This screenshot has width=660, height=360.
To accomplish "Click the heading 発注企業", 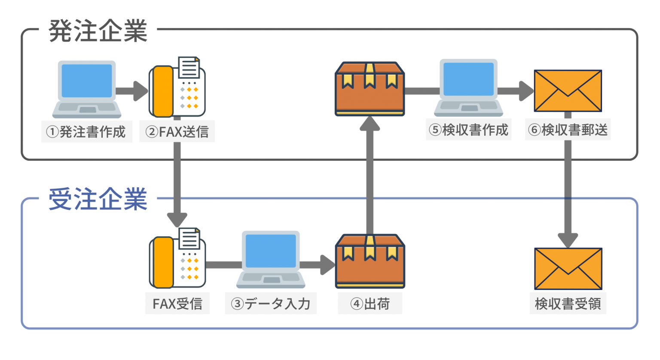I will click(98, 31).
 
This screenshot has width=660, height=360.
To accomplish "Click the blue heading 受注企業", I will click(98, 199).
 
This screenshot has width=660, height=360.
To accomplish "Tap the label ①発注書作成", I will click(87, 131).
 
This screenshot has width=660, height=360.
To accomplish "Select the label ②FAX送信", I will click(177, 131).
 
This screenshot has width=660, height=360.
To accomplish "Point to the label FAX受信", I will click(177, 304).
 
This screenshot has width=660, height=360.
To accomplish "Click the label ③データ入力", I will click(271, 304).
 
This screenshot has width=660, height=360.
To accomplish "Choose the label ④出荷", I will click(370, 304).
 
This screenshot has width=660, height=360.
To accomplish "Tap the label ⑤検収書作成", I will click(469, 130).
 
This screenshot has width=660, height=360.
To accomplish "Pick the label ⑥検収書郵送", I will click(568, 130).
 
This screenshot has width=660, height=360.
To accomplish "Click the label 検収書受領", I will click(568, 304).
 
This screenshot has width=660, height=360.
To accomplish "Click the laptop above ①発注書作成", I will click(87, 89).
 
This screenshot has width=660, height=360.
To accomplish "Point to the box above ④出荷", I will click(370, 261).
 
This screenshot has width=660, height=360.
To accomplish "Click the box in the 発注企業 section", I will click(370, 89).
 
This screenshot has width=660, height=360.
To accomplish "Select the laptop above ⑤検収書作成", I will click(468, 88).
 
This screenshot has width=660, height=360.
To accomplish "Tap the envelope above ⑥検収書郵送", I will click(568, 91).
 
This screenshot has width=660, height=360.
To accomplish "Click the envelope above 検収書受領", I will click(568, 268).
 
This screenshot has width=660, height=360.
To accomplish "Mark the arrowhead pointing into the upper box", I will click(370, 124).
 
